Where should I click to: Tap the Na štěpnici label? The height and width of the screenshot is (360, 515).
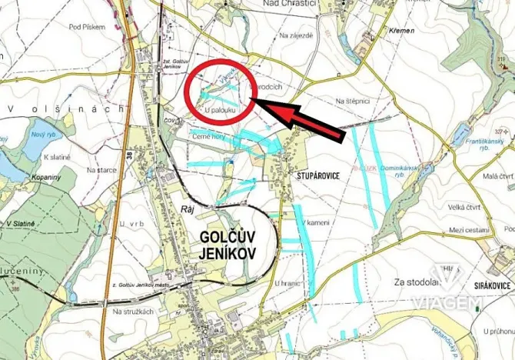353,101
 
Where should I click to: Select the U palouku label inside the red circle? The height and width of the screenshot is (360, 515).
221,111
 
